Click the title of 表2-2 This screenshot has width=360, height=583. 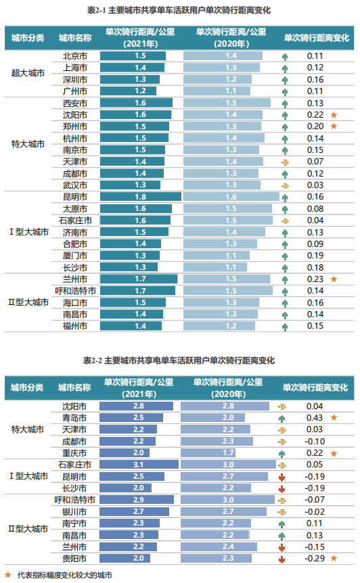(179, 360)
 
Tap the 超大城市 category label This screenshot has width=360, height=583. (28, 73)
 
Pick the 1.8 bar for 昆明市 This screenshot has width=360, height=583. (141, 197)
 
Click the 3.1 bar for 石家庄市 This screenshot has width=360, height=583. (139, 465)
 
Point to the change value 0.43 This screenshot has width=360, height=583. (314, 418)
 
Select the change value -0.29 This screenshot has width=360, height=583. (314, 558)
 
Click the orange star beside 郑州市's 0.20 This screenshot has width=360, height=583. (334, 126)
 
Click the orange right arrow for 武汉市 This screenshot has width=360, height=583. (285, 185)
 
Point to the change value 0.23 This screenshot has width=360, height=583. (315, 279)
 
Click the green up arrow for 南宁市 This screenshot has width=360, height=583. (282, 523)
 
